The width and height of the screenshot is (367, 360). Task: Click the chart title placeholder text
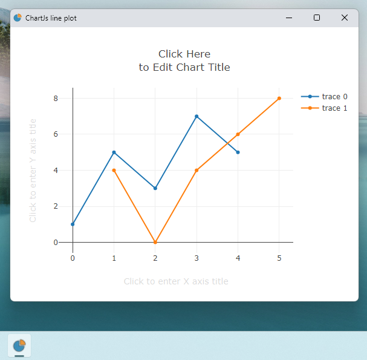pyautogui.click(x=184, y=61)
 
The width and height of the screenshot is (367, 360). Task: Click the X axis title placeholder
pyautogui.click(x=176, y=281)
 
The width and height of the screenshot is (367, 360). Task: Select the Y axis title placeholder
pyautogui.click(x=33, y=170)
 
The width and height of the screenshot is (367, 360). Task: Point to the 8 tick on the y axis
pyautogui.click(x=56, y=98)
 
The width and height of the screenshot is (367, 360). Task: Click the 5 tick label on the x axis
pyautogui.click(x=279, y=258)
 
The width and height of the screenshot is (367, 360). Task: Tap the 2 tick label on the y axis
pyautogui.click(x=56, y=206)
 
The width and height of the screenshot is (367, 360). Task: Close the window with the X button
pyautogui.click(x=345, y=18)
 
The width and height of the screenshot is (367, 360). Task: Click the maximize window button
pyautogui.click(x=317, y=18)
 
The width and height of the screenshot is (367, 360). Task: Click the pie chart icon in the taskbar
pyautogui.click(x=19, y=345)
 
